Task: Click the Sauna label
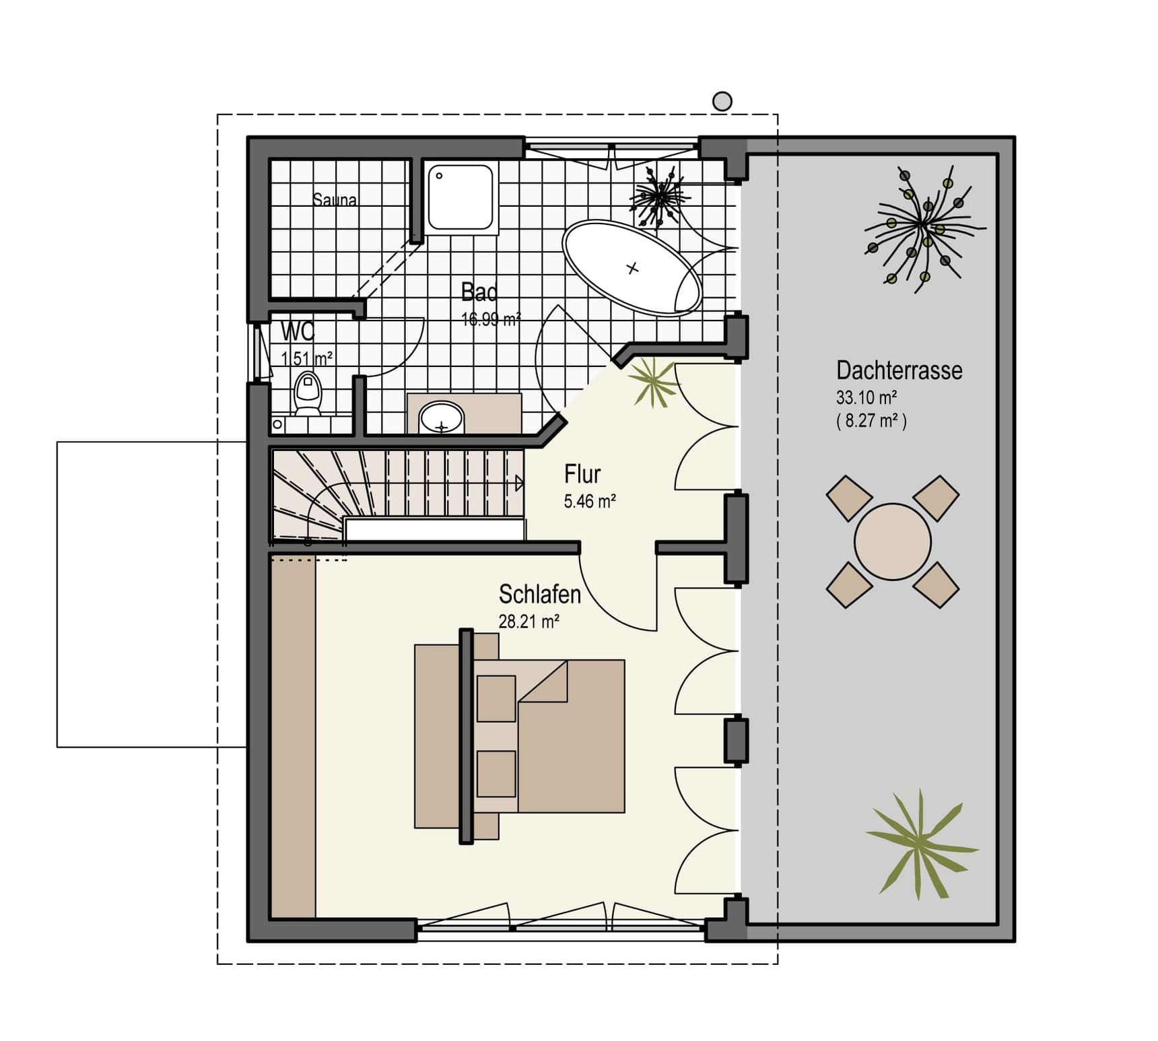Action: pos(335,199)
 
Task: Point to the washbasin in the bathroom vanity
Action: pos(441,417)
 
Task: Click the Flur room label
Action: pos(582,474)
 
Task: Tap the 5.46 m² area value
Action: pos(590,501)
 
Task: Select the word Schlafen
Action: pos(539,594)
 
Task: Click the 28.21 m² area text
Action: pos(529,621)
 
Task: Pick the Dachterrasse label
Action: pos(899,370)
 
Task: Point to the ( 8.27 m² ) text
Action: pos(871,421)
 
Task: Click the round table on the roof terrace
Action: pos(893,541)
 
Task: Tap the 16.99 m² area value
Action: pos(491,319)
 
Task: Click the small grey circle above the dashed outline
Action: pos(722,102)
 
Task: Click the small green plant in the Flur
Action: pos(653,382)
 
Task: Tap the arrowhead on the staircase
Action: pos(520,483)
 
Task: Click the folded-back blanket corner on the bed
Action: pos(543,681)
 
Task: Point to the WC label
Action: pos(298,331)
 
